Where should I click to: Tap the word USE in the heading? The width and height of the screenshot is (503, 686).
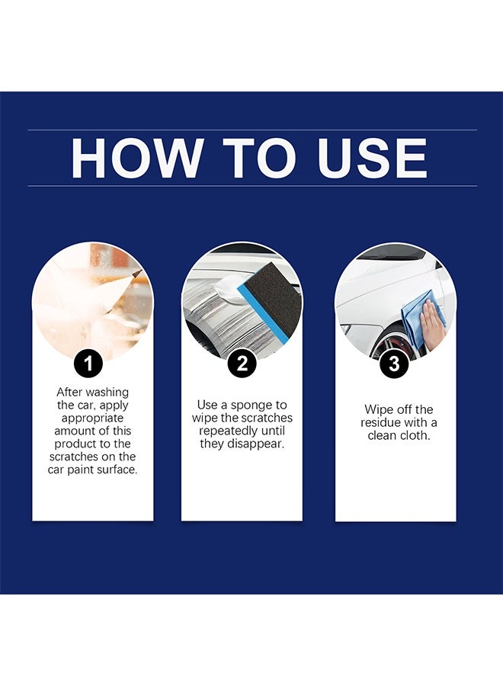click(x=372, y=158)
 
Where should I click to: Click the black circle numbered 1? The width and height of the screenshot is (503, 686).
click(x=88, y=364)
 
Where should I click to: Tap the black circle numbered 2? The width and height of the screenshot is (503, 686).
click(x=242, y=364)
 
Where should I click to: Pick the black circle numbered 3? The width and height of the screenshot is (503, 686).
click(x=394, y=364)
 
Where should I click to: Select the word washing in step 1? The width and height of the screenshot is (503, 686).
click(x=107, y=392)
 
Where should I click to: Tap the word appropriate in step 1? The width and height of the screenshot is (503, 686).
click(x=92, y=418)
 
